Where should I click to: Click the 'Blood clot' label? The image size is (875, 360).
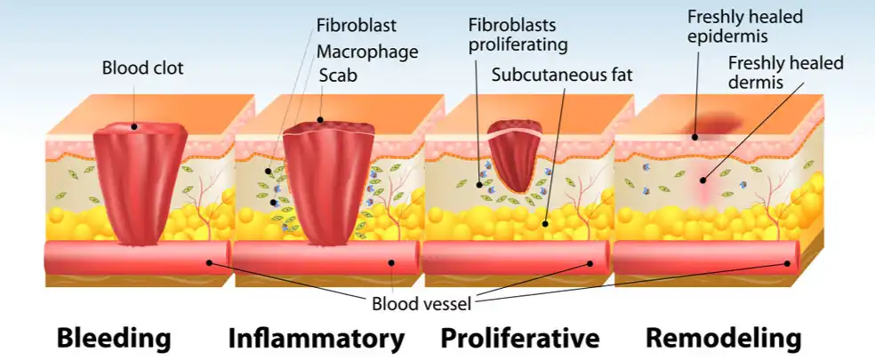click(x=143, y=68)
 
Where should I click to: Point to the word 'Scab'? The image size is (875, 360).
click(x=338, y=76)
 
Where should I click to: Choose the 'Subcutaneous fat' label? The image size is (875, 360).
click(x=562, y=75)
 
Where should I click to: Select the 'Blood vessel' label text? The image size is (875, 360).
click(x=421, y=302)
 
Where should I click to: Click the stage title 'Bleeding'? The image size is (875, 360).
click(x=114, y=339)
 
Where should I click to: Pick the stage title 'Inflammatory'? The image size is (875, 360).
click(x=317, y=339)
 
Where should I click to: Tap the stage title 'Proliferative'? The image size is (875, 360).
click(x=520, y=339)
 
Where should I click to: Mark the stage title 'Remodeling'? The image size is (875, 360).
click(x=723, y=339)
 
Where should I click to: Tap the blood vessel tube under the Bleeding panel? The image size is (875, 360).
click(x=133, y=258)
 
